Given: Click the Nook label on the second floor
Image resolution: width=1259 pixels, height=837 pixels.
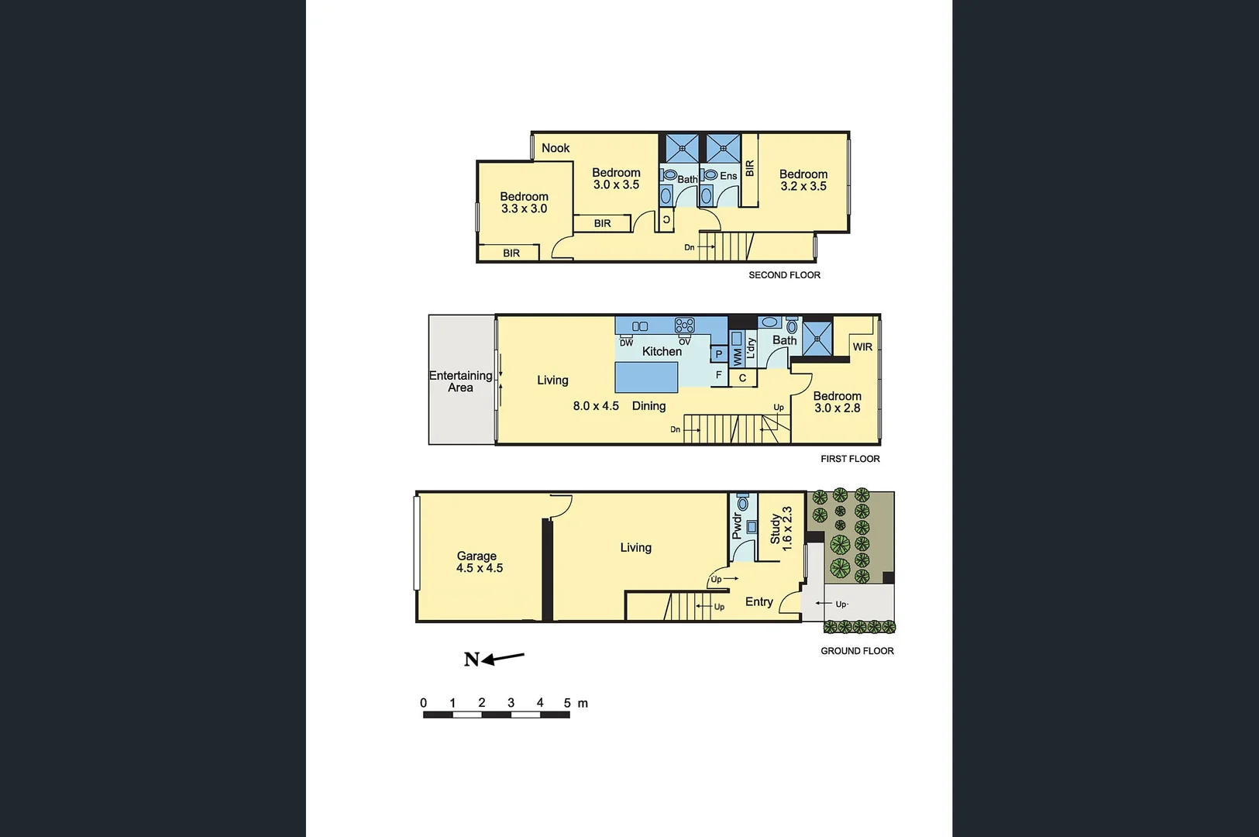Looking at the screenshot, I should point(556,148).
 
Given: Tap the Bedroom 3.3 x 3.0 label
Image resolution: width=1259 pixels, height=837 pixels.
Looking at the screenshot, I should point(524,203).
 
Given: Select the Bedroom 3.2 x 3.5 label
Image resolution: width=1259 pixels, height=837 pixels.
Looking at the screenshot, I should point(803,181).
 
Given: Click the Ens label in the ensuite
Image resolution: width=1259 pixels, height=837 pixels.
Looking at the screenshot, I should point(728,176).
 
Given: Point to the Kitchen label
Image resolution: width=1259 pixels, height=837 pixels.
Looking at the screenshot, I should point(662,351).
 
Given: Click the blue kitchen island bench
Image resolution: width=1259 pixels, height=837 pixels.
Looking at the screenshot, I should point(647,377).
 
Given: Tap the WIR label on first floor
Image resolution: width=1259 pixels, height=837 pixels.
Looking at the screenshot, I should point(862,347).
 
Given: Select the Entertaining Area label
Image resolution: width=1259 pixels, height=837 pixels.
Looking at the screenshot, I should point(460,381).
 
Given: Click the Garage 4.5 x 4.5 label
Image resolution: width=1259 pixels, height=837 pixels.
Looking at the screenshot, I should point(479,562).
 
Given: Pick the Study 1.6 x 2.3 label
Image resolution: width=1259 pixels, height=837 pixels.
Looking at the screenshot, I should point(781,529).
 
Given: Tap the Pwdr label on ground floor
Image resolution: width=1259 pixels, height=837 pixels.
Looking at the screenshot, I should point(737,526).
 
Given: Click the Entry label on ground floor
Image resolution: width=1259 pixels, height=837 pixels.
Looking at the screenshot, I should point(758,602).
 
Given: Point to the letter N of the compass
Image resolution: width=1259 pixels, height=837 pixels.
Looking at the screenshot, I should point(471,660).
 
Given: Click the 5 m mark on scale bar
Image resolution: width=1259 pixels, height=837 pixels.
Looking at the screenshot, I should point(568,703).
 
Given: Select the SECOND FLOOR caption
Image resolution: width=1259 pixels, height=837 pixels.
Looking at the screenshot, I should point(784,275).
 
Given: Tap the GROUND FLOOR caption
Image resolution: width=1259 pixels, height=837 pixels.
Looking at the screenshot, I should point(857,651).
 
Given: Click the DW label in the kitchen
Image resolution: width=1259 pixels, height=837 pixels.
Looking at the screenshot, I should point(626,343).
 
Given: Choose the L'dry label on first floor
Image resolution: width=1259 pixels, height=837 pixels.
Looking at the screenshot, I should point(751,348).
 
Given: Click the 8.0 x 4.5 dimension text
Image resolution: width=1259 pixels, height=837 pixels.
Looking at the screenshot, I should point(596,406).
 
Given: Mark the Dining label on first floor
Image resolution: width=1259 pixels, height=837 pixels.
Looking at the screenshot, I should point(648,406).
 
